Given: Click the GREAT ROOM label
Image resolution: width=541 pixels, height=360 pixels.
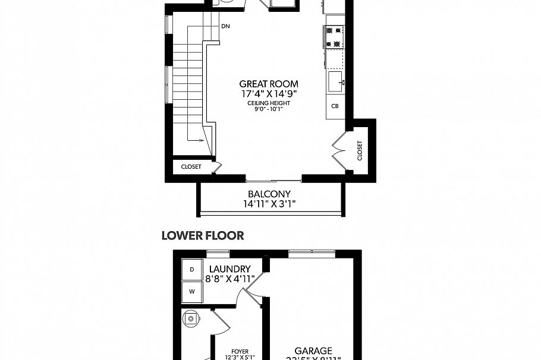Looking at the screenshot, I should [269, 84].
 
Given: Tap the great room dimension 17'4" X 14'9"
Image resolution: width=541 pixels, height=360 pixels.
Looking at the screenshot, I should [269, 93].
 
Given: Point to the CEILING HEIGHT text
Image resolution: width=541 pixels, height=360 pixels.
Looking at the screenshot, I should [269, 103].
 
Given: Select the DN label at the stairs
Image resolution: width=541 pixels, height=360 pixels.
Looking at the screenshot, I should [225, 27].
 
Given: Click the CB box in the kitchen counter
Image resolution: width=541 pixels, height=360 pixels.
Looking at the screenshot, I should [335, 106].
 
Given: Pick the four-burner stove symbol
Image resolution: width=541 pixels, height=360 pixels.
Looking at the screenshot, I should [335, 36].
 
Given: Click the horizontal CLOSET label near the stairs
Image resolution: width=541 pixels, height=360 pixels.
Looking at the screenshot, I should [191, 167].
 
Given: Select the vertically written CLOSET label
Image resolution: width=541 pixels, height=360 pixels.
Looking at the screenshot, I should [360, 150].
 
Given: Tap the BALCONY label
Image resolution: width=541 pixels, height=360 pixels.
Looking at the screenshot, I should [269, 194].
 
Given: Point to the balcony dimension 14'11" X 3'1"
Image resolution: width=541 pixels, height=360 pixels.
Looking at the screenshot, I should [269, 204].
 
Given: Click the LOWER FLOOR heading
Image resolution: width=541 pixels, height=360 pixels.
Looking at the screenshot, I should [203, 236].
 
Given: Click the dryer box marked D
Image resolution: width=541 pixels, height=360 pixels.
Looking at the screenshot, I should [191, 269].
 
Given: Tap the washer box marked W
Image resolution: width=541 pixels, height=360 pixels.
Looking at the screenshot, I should [191, 291].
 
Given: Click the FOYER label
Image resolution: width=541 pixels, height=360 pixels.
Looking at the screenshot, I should [240, 351].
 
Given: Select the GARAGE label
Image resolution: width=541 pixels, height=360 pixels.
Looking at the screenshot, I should [313, 351].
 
